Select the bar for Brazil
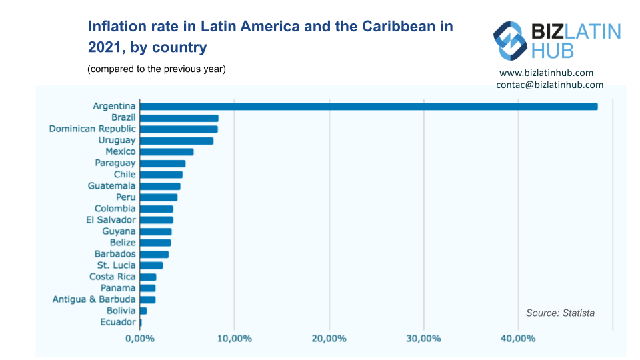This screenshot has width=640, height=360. pos(179,118)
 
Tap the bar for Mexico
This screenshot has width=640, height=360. pos(167,152)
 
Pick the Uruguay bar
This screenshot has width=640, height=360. pos(177,141)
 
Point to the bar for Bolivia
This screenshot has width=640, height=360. pos(143,311)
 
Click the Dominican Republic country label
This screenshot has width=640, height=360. pos(92,129)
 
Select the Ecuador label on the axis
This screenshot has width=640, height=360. pos(119,322)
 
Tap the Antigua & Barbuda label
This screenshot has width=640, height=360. pos(94,299)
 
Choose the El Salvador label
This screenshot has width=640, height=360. pos(111,220)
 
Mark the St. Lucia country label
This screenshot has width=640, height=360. pos(116,265)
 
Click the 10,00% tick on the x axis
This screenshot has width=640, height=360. pos(234,339)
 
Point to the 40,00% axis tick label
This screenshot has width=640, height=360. pos(518,339)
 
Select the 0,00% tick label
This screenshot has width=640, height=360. pos(139,339)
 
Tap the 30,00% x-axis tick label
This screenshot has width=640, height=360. pos(423,339)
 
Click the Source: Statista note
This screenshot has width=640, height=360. pos(560,313)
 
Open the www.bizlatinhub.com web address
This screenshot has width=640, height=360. pos(546,73)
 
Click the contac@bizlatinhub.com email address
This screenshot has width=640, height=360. pos(549,85)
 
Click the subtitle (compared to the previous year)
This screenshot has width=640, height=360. pos(157,69)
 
